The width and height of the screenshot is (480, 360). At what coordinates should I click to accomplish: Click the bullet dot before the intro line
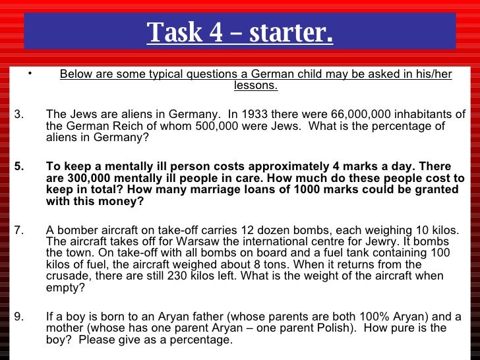click(30, 73)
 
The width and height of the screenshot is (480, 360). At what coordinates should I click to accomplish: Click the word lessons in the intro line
click(255, 86)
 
